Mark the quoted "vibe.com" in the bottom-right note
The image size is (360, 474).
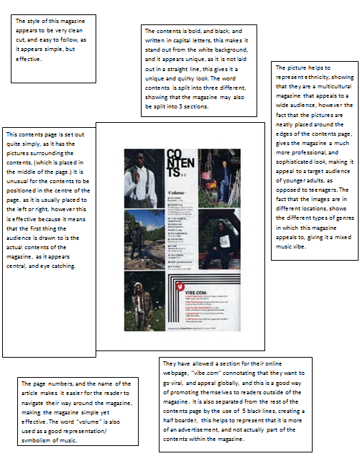tap(206, 373)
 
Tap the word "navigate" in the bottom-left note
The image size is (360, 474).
tap(34, 404)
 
